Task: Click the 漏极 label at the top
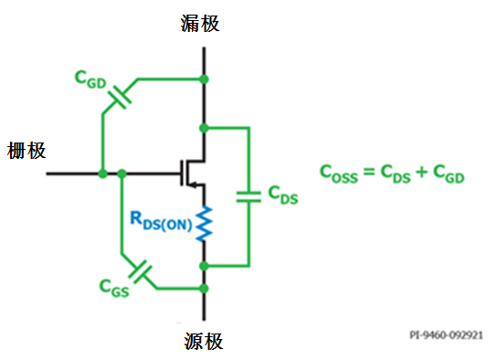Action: [200, 23]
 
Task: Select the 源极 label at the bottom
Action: [201, 343]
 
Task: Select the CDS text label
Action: [281, 194]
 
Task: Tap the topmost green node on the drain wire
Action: [203, 79]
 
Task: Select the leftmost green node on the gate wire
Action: [98, 172]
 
